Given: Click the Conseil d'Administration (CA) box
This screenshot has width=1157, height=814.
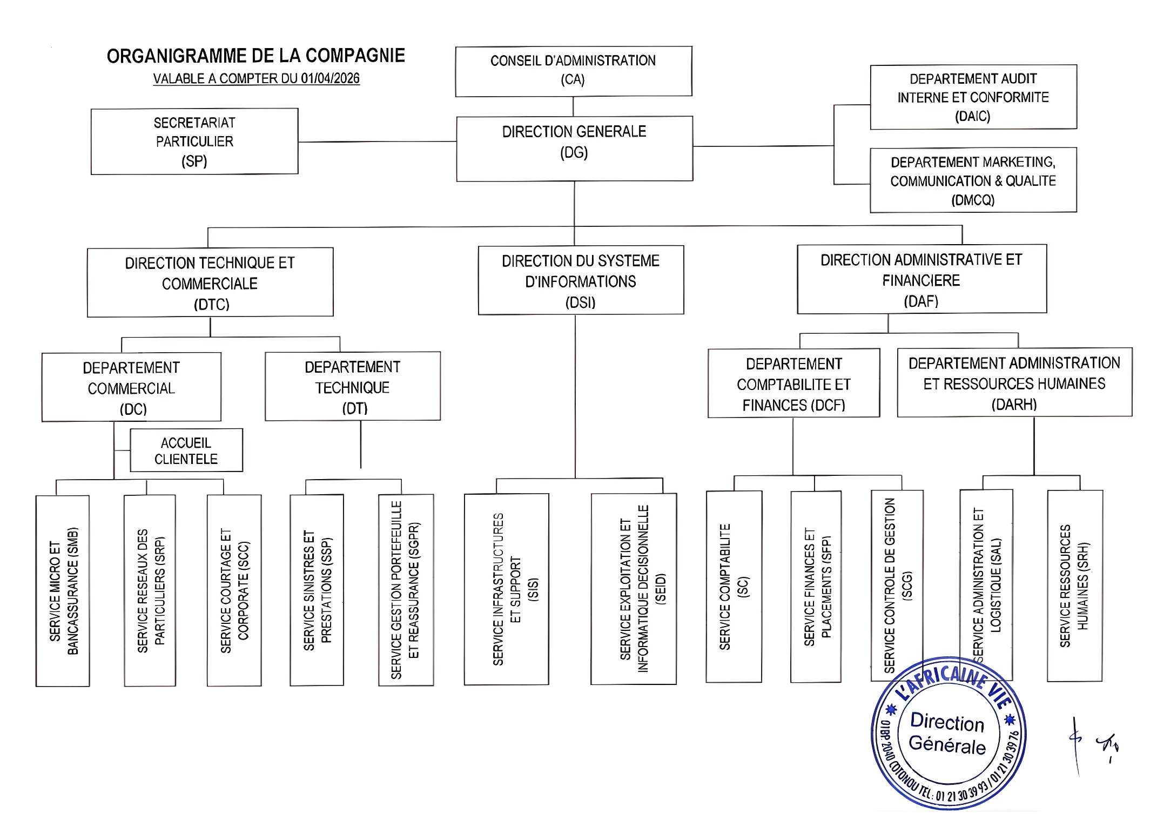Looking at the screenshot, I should [573, 71].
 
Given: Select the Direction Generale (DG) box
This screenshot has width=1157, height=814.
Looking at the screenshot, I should [574, 149].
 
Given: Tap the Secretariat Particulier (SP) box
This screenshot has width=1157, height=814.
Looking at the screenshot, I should [194, 142].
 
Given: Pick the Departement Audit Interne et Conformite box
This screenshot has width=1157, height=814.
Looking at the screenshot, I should [973, 97].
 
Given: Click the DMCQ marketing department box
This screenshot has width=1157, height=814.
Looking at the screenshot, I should [973, 180].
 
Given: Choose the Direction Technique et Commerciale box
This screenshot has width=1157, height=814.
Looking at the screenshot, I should [210, 282].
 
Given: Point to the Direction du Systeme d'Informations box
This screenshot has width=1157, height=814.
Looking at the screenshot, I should [581, 280].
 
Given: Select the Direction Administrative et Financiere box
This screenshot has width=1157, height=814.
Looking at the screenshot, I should [921, 279].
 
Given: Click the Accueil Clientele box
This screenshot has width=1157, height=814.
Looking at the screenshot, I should [186, 450].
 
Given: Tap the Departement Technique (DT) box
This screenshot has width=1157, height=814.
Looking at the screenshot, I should [353, 387].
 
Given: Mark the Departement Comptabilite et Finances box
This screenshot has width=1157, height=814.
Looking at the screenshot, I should [793, 384].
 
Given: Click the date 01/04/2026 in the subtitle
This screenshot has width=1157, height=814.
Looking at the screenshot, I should [330, 79].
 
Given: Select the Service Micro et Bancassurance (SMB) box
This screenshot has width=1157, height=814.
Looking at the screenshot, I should [63, 591].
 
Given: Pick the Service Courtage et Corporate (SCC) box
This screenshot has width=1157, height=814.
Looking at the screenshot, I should [234, 590].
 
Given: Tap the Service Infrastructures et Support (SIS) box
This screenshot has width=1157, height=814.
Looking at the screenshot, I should [507, 589].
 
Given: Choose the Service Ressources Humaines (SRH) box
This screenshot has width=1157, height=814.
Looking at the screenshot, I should [1074, 586].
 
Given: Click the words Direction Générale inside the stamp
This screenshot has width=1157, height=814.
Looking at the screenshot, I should [947, 734].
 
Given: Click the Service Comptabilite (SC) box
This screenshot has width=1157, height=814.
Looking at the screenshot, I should [734, 587].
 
